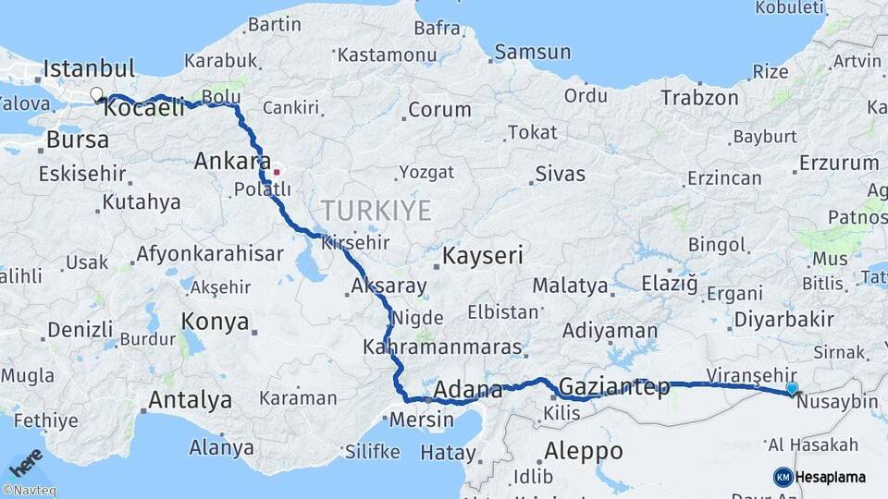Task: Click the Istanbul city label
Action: [89, 68]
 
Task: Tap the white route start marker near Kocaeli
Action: [96, 93]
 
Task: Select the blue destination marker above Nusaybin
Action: [792, 389]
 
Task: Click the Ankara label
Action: [232, 162]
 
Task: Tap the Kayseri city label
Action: [483, 255]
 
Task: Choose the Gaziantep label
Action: [614, 387]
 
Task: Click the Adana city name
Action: [467, 389]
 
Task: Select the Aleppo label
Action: [584, 451]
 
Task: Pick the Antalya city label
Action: [190, 400]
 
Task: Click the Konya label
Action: [215, 321]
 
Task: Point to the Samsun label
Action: [532, 52]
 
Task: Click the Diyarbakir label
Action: [783, 320]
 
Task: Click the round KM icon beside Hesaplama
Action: [783, 477]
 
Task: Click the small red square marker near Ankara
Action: [277, 172]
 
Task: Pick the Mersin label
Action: [422, 420]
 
